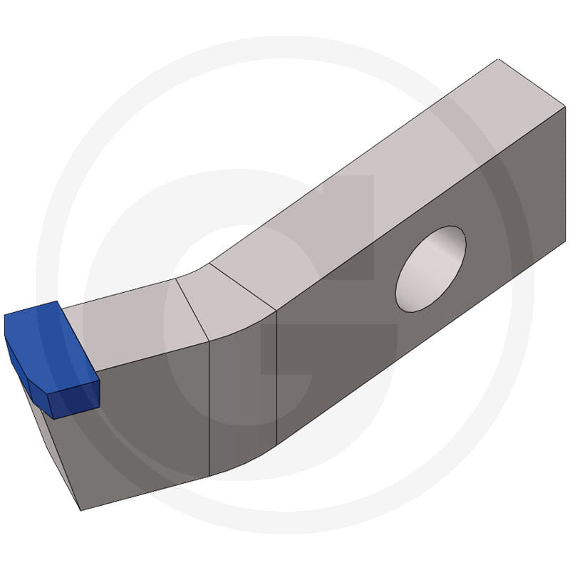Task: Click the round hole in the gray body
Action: (x=430, y=269)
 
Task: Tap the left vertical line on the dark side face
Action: (x=209, y=406)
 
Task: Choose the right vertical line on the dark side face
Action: (x=276, y=378)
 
